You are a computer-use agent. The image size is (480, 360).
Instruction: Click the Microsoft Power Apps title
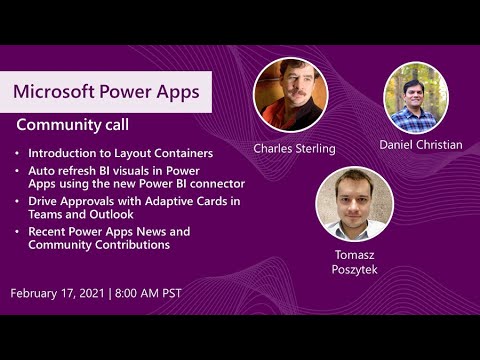(106, 92)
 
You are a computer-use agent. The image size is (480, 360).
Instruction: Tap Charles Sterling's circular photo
(290, 95)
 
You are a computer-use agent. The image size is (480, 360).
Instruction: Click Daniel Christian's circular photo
(416, 97)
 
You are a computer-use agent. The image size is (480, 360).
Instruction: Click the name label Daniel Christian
(420, 145)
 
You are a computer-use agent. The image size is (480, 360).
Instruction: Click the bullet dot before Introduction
(18, 155)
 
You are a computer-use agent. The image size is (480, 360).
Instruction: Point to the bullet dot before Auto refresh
(18, 171)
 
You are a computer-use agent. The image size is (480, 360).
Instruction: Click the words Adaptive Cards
(184, 201)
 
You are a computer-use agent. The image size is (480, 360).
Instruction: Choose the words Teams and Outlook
(80, 214)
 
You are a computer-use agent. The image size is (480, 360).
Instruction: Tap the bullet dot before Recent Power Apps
(18, 232)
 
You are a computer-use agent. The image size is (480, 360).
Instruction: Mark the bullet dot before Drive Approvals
(18, 202)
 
